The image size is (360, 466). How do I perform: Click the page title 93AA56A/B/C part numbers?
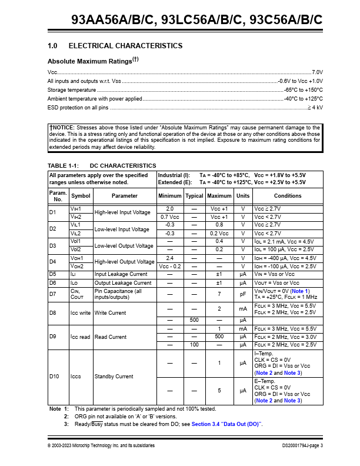197,19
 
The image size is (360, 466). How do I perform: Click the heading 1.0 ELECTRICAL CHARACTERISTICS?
115,46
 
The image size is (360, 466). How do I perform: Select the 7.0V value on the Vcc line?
317,71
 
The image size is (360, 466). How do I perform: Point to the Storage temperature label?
71,89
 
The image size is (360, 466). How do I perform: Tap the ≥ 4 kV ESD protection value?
315,108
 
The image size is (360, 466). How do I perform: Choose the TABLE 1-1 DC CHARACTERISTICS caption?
102,165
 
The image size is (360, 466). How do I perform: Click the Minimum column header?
169,196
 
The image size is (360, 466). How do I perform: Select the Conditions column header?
287,196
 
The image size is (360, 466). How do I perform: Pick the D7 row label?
52,294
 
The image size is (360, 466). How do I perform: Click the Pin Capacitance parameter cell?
118,294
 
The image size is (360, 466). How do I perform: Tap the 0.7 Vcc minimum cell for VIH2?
169,217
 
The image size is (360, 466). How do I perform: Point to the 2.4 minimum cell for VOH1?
169,258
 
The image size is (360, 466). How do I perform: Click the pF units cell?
242,294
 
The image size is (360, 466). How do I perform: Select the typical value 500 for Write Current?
194,319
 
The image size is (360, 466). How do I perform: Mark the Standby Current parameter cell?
114,377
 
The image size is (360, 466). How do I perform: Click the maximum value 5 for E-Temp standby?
219,391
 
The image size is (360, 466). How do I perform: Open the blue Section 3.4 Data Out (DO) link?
226,424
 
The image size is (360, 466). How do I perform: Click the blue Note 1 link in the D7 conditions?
300,291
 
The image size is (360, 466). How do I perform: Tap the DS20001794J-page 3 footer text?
302,445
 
